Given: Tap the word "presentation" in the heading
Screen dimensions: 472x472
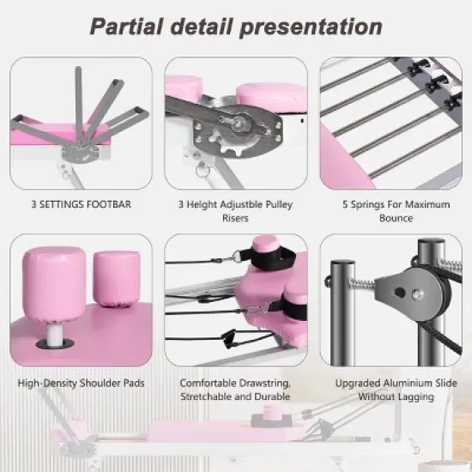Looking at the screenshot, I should [316, 26].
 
